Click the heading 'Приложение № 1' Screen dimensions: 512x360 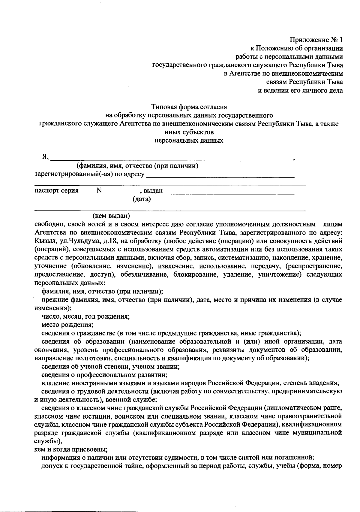316,40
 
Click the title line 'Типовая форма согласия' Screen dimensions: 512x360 189,107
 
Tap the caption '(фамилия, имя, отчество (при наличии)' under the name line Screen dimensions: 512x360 137,166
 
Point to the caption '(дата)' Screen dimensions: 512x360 142,199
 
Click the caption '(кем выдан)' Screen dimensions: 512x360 111,216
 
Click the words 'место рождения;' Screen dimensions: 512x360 67,325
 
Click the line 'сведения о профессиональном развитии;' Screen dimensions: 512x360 104,375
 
